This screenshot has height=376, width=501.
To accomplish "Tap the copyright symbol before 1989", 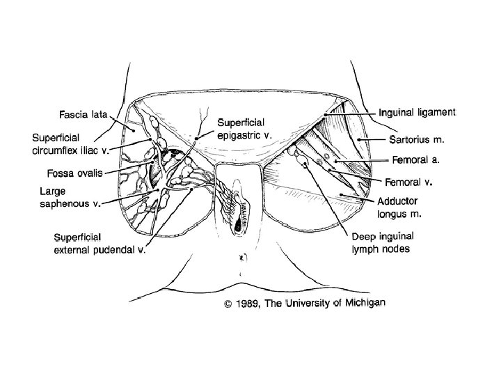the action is coord(226,304).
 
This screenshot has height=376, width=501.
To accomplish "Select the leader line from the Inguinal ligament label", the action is coord(352,113).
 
